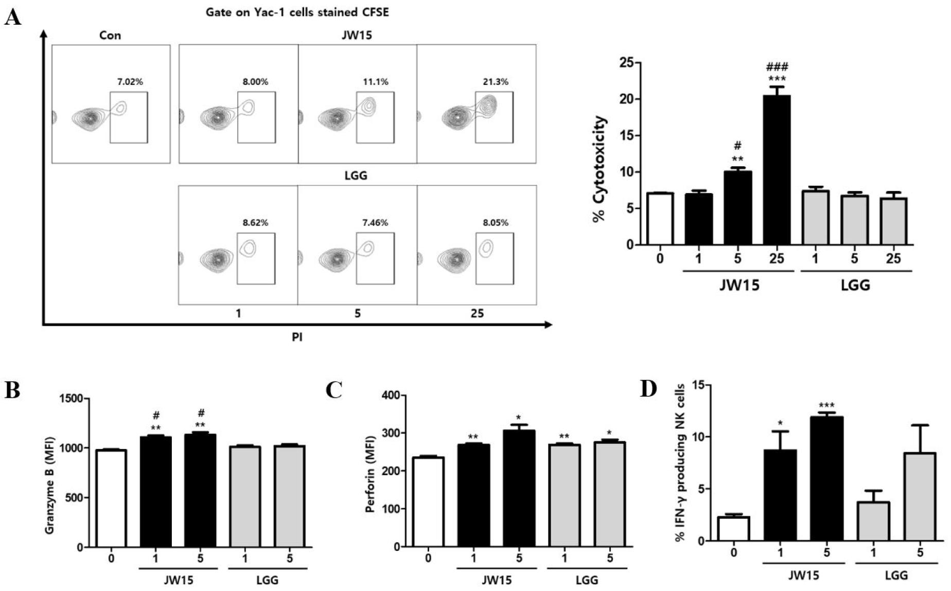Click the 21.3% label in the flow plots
point(495,82)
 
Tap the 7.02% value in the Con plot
point(130,82)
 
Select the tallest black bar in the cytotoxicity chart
point(777,170)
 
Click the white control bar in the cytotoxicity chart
point(660,219)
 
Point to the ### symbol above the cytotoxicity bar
point(777,67)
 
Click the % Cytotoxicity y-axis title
point(600,169)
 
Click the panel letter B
point(12,391)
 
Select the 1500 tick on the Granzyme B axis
point(72,399)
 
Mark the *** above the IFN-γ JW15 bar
point(826,405)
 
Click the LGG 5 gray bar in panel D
point(920,497)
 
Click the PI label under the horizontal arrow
point(297,338)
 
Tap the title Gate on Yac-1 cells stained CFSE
point(297,12)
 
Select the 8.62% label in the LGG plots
point(255,223)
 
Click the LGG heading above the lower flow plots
point(356,176)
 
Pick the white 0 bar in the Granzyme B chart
point(111,498)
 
